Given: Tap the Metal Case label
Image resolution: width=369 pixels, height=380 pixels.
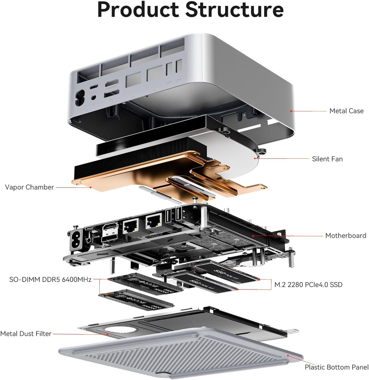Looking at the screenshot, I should point(346,111).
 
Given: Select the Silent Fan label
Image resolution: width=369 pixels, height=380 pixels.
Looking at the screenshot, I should point(327,159).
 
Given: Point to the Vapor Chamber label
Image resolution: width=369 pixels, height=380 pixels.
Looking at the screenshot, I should point(29,187).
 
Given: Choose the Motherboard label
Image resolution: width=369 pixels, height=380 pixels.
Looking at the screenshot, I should point(345,236).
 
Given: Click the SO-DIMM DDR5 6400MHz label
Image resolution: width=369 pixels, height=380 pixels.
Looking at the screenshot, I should point(50,280).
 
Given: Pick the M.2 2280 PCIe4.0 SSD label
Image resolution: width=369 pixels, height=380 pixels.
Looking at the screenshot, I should point(308,284).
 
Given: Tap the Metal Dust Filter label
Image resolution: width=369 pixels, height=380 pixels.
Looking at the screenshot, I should point(26,334).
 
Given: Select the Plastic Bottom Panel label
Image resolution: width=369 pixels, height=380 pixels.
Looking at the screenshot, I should point(336,367).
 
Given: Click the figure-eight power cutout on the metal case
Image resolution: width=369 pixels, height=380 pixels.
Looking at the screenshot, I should point(80,98).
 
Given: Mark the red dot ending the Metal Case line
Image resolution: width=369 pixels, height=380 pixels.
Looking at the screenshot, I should point(291,111).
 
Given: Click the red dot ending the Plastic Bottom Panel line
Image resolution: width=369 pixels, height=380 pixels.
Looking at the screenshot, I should point(288,355).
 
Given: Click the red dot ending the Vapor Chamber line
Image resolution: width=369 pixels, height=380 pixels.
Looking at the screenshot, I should point(91,187).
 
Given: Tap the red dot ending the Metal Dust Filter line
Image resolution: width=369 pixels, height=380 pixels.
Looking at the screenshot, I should point(108,334).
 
